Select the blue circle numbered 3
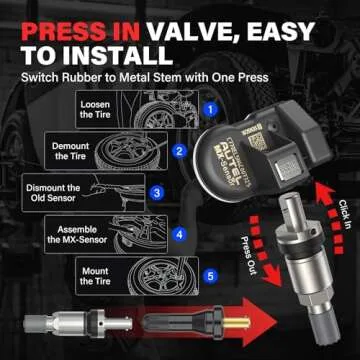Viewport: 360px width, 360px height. coord(157,192)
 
